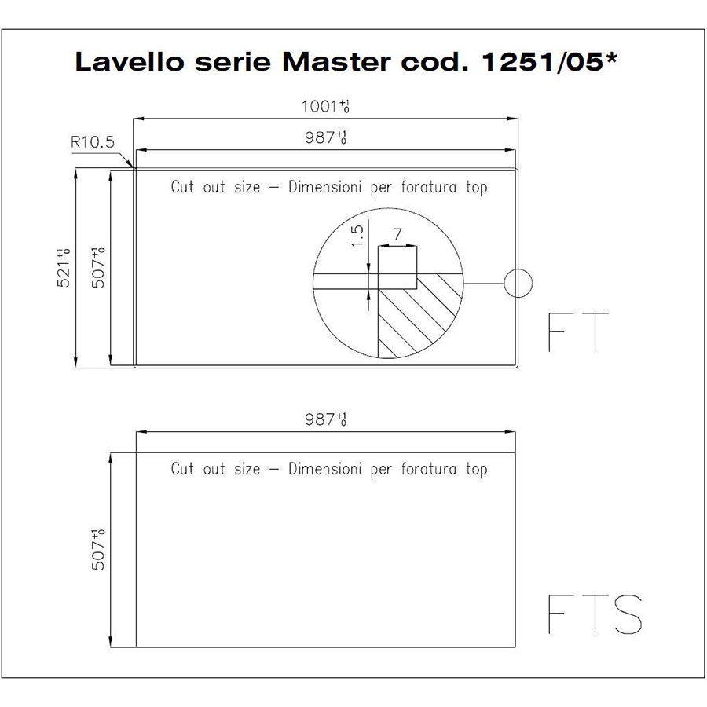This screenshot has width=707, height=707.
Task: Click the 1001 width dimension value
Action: [x=325, y=106]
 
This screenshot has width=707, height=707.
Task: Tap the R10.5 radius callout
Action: [x=93, y=142]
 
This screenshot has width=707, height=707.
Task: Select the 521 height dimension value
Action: [x=63, y=268]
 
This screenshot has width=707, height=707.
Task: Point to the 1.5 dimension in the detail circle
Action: [x=357, y=236]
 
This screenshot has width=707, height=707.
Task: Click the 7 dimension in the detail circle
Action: [x=397, y=234]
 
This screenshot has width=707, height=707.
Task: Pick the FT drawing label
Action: [x=578, y=332]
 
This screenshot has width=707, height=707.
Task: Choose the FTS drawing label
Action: [x=595, y=614]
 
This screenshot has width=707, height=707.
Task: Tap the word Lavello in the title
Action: [x=130, y=62]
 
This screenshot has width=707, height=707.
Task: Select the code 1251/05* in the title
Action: [x=549, y=61]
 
